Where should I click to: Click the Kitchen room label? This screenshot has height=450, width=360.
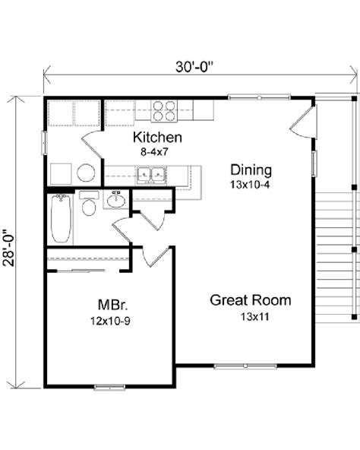tap(157, 137)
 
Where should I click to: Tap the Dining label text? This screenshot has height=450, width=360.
tap(251, 170)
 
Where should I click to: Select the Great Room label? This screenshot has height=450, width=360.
tap(251, 300)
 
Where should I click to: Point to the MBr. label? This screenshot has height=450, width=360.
tap(112, 305)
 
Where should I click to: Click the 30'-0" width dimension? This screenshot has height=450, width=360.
tap(194, 67)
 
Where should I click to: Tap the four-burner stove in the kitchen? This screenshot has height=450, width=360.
tap(164, 111)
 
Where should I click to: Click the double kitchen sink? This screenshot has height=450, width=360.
tap(151, 174)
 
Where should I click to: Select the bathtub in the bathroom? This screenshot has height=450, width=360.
tap(61, 218)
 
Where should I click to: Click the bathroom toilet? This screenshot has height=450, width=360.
tap(89, 203)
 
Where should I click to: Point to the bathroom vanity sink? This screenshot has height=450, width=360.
tap(116, 199)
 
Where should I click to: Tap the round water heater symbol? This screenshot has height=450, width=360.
tap(86, 173)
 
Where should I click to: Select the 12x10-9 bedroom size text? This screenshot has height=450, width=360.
tap(110, 321)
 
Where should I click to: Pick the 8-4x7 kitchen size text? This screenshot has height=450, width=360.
tap(154, 152)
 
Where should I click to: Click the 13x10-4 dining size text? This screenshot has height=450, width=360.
tap(250, 185)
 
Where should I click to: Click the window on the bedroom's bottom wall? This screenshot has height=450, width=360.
tap(109, 388)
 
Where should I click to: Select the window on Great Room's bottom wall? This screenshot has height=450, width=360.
tap(245, 366)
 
